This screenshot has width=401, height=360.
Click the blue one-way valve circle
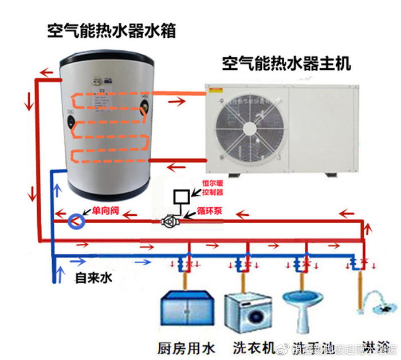tap(75, 220)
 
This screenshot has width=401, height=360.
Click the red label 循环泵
tap(210, 210)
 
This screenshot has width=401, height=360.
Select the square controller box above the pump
tap(182, 196)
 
